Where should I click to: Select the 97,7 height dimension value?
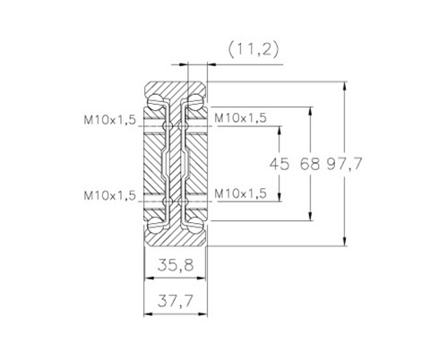pos(344,164)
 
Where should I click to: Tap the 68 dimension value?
pos(310,164)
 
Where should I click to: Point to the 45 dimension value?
pos(280,164)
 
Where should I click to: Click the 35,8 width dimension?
pos(176,265)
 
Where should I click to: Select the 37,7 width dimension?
pos(176,301)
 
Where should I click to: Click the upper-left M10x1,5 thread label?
pos(110,120)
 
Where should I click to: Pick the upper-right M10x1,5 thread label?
pos(240,118)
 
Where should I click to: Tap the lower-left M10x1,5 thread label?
pos(110,195)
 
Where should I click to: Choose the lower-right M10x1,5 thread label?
pos(240,193)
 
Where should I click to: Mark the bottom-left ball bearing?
pos(156,225)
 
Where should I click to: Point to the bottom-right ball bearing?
pos(195,225)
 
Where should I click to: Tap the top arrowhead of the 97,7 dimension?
pos(345,86)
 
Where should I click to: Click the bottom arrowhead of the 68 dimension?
pos(311,216)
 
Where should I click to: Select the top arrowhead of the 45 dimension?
pos(280,131)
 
